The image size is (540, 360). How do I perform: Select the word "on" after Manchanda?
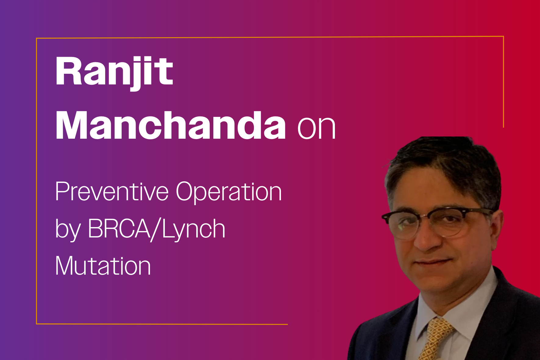pyautogui.click(x=316, y=128)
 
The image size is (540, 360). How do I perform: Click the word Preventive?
pyautogui.click(x=112, y=192)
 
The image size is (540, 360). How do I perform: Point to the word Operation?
pyautogui.click(x=229, y=192)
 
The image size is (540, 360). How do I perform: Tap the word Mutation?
pyautogui.click(x=103, y=266)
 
